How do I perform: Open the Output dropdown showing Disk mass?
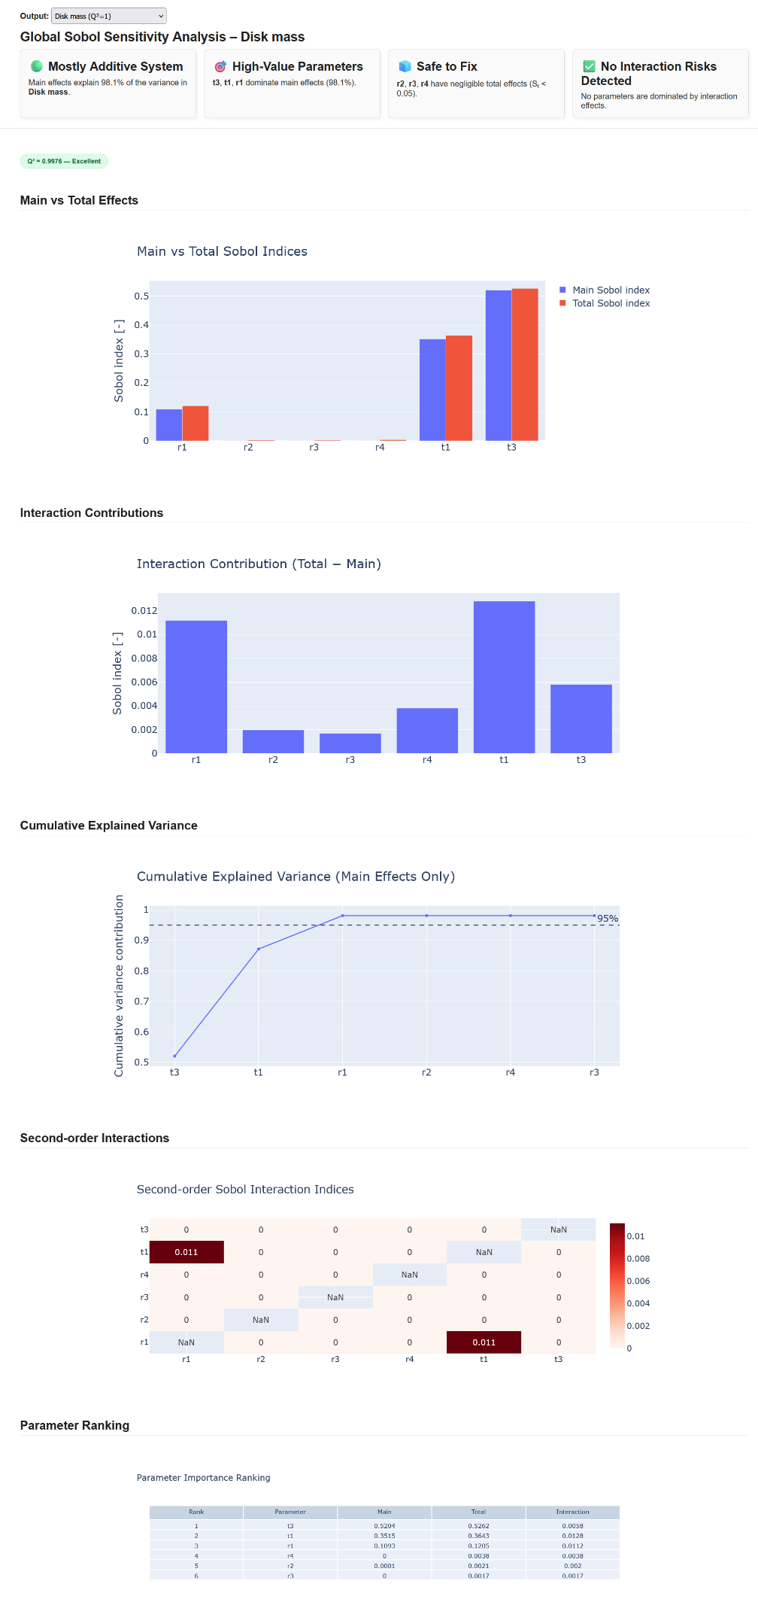(x=109, y=16)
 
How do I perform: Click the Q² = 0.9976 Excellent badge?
(x=64, y=161)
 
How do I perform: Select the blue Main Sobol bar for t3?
(x=498, y=365)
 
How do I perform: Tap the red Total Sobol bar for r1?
(x=196, y=423)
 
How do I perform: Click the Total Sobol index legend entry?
(x=611, y=303)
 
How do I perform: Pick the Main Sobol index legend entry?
(x=611, y=290)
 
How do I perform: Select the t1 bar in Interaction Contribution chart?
(x=504, y=677)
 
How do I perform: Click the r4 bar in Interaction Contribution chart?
(x=427, y=730)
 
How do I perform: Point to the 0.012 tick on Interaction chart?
(x=144, y=610)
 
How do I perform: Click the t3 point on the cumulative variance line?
(x=174, y=1056)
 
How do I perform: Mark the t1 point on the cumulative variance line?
(x=259, y=949)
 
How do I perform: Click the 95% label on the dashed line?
(x=608, y=918)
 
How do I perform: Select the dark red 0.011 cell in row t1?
(x=186, y=1252)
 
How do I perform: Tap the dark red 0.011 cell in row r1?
(x=484, y=1342)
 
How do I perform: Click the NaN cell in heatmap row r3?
(x=335, y=1297)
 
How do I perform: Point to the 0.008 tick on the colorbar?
(x=638, y=1258)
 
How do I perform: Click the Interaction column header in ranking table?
(x=572, y=1512)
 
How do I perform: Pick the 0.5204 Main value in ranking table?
(x=384, y=1526)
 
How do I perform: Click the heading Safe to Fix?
(x=447, y=66)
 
